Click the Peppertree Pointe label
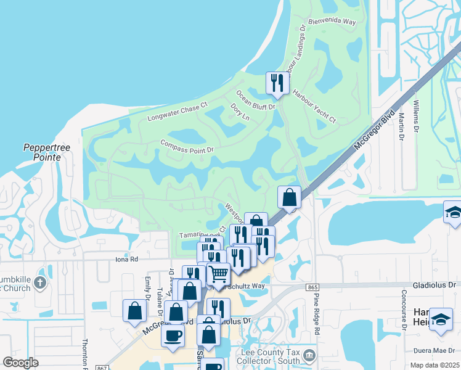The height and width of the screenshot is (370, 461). (42, 152)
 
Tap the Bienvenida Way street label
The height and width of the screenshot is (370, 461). (332, 21)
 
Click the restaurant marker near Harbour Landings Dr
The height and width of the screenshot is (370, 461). (277, 83)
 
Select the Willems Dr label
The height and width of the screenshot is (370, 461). (416, 117)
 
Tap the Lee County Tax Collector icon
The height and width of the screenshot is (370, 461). (309, 355)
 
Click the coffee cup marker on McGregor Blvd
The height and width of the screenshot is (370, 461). (173, 335)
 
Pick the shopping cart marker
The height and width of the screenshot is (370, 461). (218, 273)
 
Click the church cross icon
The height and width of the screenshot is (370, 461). (40, 283)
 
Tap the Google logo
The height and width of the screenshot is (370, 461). (20, 362)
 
